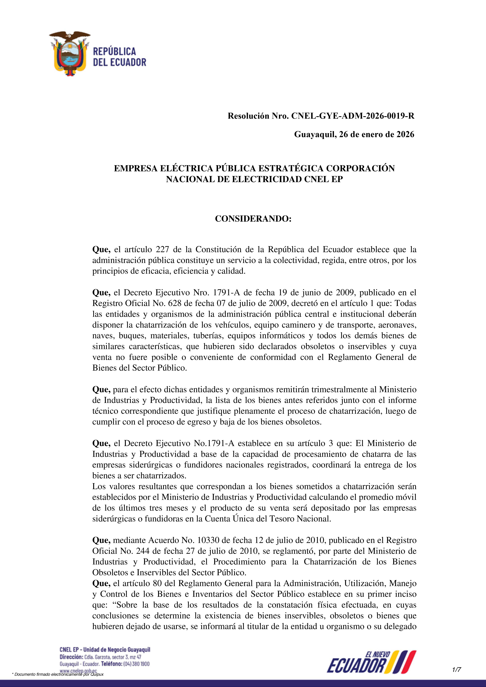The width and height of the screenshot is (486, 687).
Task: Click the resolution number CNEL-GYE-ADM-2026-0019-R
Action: pos(353,116)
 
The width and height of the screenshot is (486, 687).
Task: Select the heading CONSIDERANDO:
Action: pos(253,219)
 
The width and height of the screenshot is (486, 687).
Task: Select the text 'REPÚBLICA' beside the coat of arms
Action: pos(114,51)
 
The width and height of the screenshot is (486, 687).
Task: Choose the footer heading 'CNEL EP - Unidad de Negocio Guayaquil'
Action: pos(105,649)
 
